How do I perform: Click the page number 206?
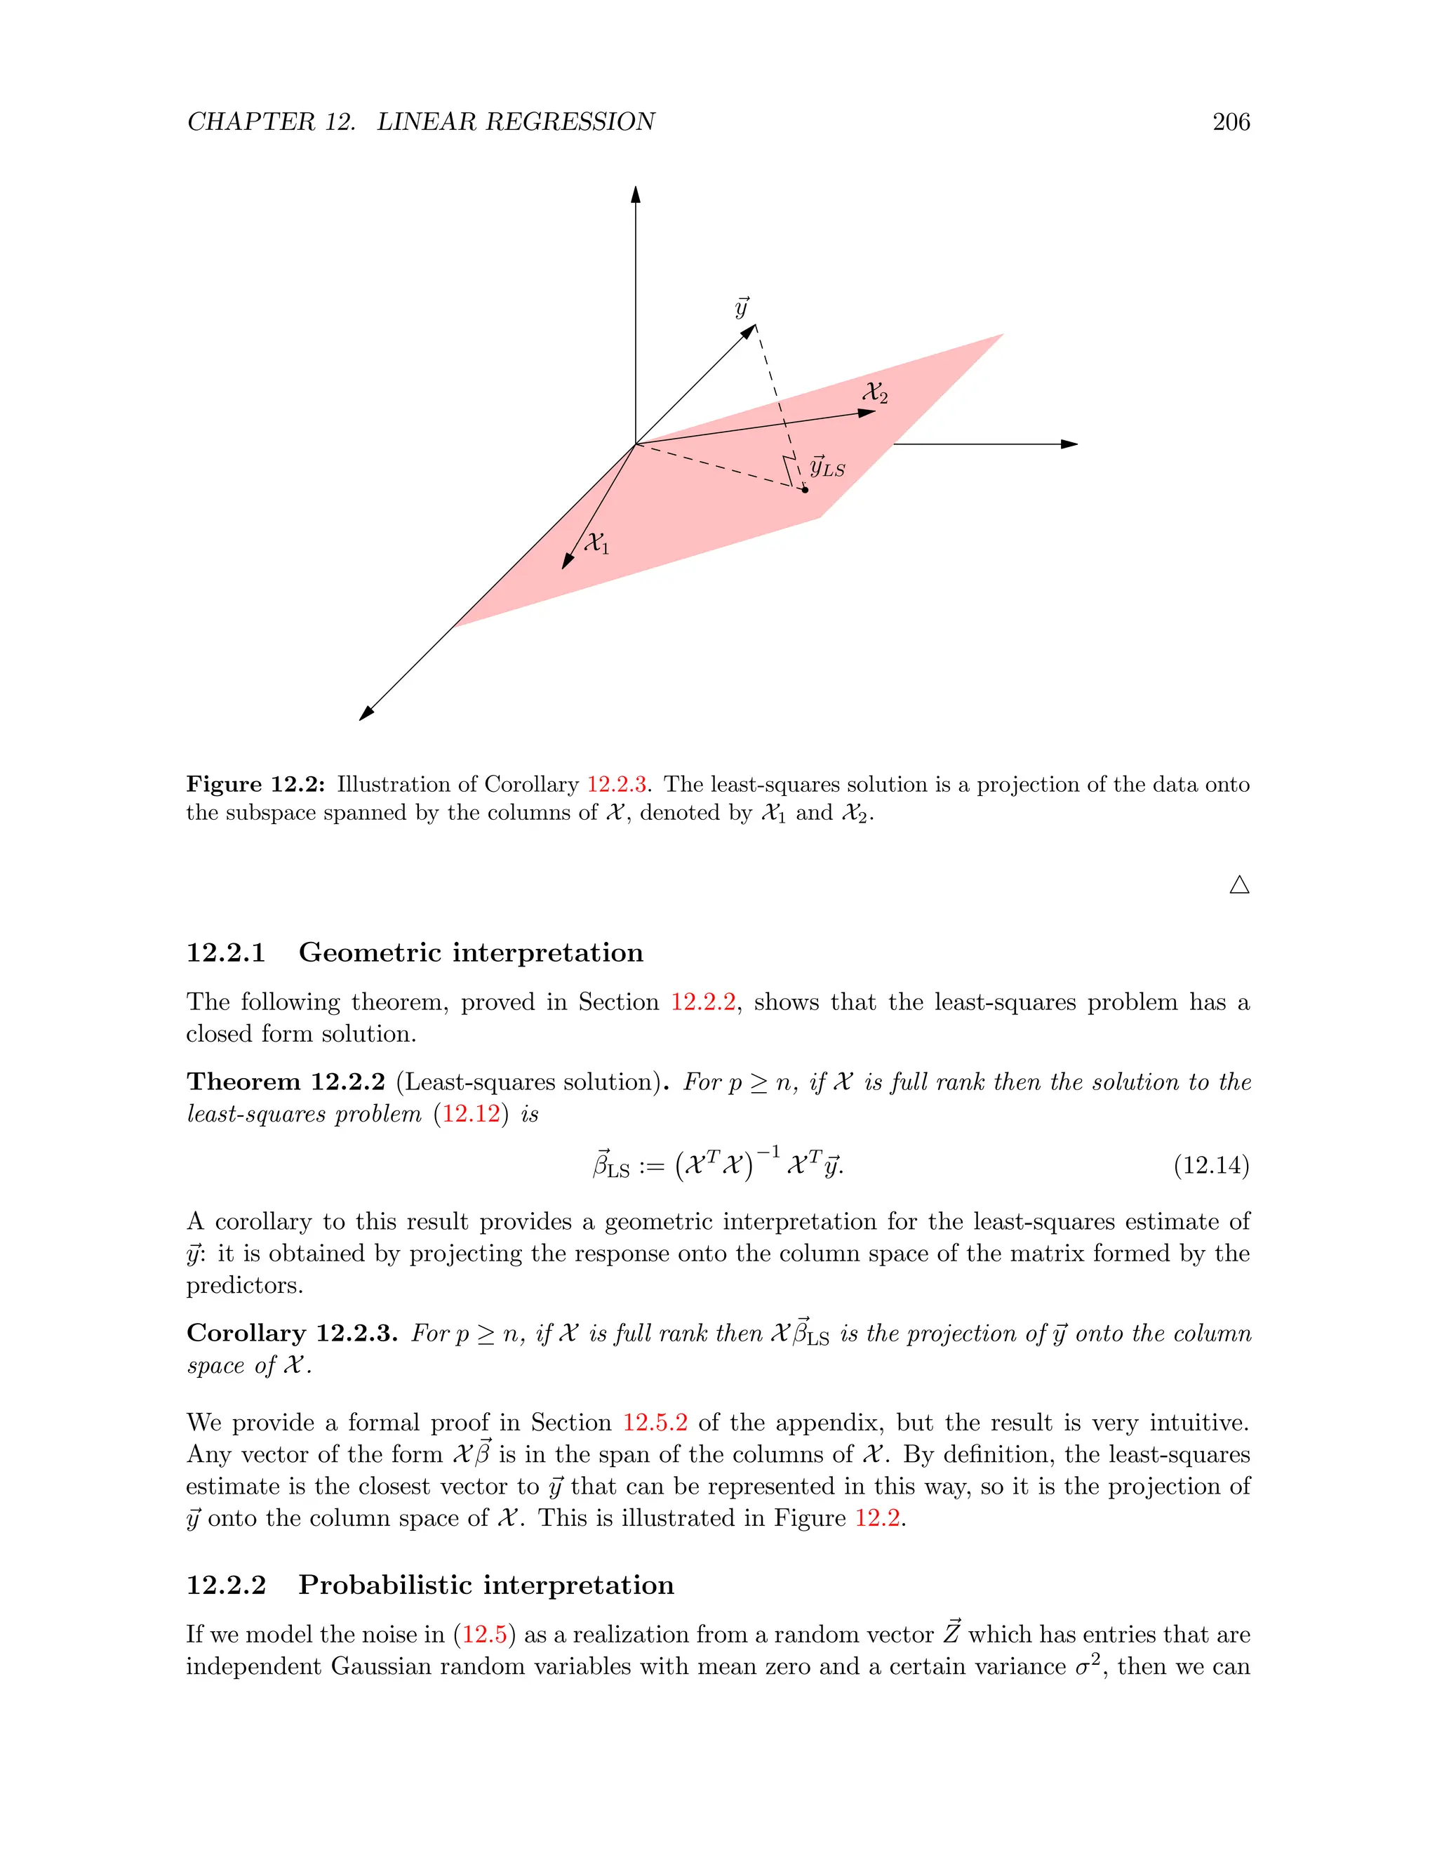(x=1230, y=122)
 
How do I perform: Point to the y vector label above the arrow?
(x=742, y=307)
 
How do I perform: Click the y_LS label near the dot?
(x=827, y=467)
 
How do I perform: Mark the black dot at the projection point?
(x=805, y=490)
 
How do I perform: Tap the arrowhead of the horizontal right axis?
(x=1070, y=444)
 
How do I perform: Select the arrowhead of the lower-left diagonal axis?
(x=367, y=713)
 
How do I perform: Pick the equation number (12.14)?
(x=1210, y=1165)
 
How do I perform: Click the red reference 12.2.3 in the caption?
(x=616, y=785)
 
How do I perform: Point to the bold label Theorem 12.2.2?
(x=285, y=1082)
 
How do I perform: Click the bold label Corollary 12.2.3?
(x=291, y=1333)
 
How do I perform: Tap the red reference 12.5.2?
(x=655, y=1423)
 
